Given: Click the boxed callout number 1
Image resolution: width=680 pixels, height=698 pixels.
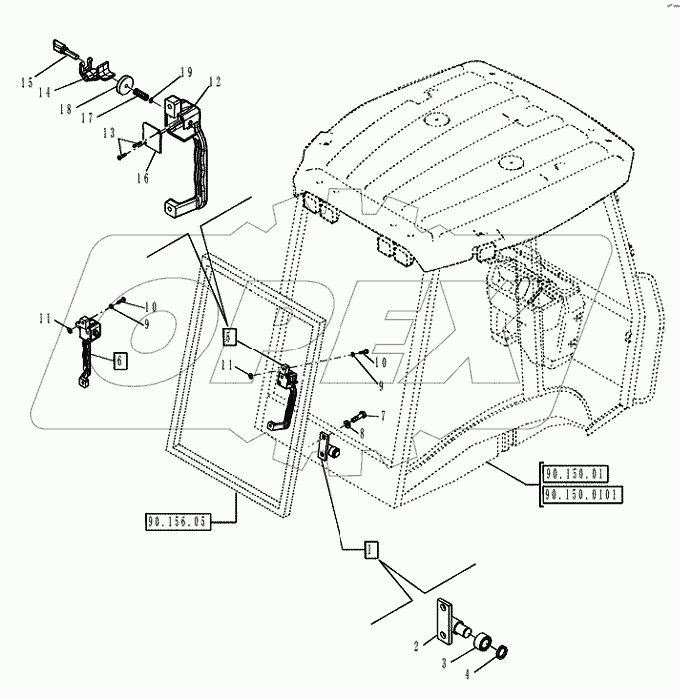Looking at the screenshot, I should pos(370,549).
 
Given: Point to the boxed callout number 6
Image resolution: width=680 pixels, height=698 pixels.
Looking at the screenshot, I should pos(119,361).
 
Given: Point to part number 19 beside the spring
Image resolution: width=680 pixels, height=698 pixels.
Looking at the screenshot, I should pos(186,72).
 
